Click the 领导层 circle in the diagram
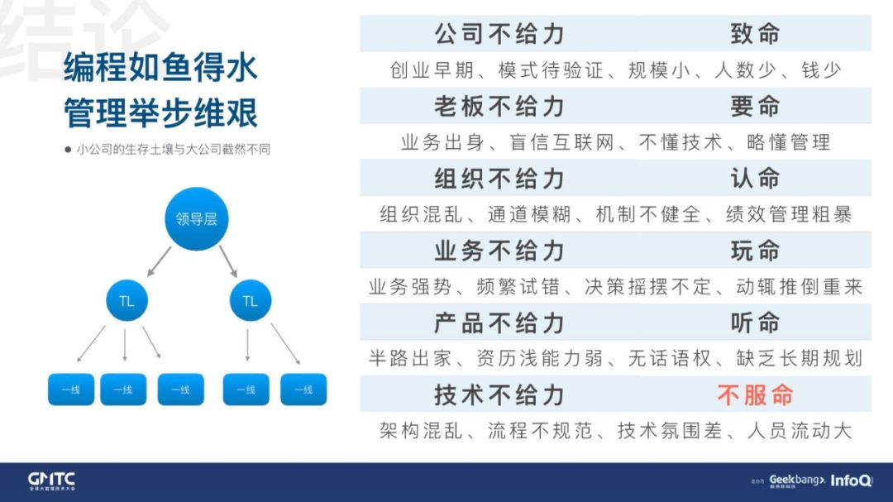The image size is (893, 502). coord(196,219)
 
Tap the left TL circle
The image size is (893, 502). coord(127,302)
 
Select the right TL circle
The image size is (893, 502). coord(250,302)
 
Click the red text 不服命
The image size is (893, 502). coord(755,394)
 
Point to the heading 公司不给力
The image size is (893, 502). coord(499,34)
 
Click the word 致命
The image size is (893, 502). coord(755,34)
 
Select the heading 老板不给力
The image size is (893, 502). coord(499,107)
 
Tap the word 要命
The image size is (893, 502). coord(755,107)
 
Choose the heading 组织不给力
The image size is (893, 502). coord(499,179)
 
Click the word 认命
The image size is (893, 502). coord(755,179)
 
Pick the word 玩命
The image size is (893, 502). coord(755,251)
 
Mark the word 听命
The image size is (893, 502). coord(755,323)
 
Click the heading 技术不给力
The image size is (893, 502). coord(499,394)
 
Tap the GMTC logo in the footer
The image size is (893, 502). coord(51,480)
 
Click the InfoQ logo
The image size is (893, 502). coord(851,480)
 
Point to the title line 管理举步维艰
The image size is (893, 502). coord(160,112)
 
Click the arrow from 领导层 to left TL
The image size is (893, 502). coord(159,261)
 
